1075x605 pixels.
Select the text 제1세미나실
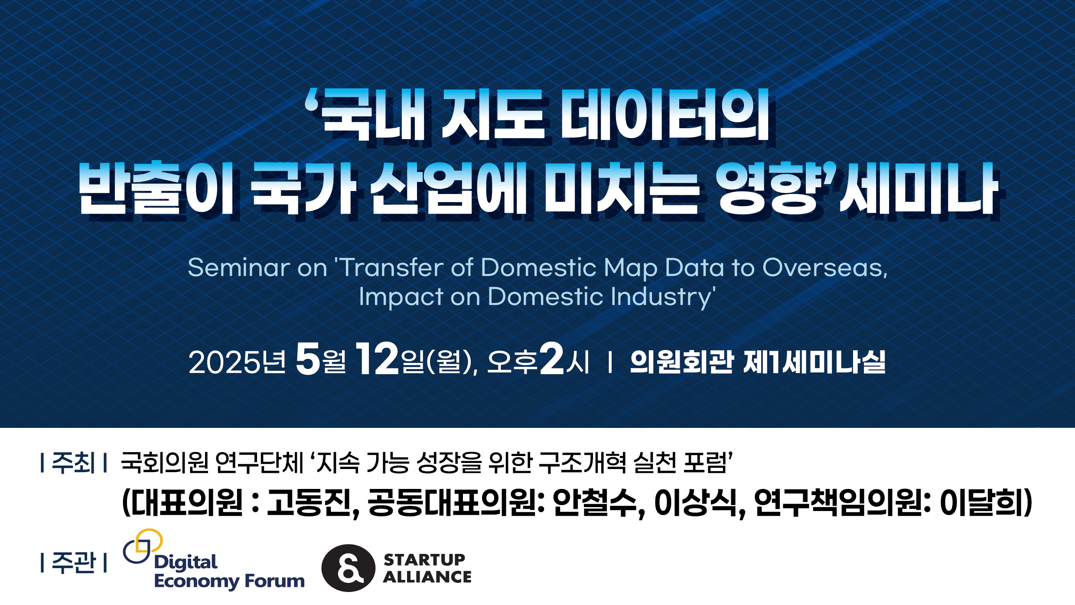coord(814,362)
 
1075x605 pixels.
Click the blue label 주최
coord(73,463)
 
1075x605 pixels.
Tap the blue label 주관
coord(73,563)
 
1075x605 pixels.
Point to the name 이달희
coord(981,502)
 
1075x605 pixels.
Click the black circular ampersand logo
coord(348,568)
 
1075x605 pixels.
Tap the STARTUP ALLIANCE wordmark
coord(427,568)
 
